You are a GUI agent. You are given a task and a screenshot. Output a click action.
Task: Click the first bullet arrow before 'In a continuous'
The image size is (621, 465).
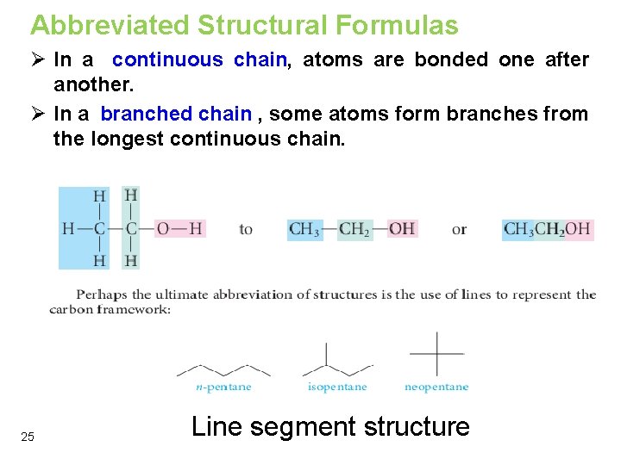coord(36,60)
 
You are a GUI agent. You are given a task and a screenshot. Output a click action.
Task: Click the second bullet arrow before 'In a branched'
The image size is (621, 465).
coord(36,114)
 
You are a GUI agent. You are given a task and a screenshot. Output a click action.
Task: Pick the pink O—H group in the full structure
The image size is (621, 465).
coord(179,229)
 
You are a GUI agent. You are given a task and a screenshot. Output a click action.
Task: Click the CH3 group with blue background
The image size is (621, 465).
coord(304,229)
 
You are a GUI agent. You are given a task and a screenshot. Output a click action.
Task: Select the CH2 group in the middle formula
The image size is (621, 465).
coord(354,229)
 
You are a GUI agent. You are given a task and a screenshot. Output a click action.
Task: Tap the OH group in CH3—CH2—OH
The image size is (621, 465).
coord(402,229)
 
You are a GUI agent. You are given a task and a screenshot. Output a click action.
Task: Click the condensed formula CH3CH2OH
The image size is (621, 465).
coord(547,229)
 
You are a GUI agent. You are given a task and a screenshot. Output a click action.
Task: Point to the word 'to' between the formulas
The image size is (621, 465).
coord(246,230)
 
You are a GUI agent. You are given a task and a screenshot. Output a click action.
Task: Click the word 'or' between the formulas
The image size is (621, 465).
coord(459,230)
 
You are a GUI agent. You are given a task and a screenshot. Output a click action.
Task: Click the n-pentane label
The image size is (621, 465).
coord(223,387)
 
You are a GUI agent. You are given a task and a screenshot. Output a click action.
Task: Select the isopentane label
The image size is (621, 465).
coord(337,387)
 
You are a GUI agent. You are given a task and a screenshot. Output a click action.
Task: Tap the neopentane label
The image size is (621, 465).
coord(436,387)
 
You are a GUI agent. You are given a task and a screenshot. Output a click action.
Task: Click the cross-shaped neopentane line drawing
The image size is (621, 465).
coord(436,352)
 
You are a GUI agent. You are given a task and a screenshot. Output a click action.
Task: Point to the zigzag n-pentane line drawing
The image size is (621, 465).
coord(223,369)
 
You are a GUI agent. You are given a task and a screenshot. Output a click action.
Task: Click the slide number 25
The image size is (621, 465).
coord(28,437)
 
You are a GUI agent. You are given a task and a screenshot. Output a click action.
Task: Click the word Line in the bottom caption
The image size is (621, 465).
coord(213,427)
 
